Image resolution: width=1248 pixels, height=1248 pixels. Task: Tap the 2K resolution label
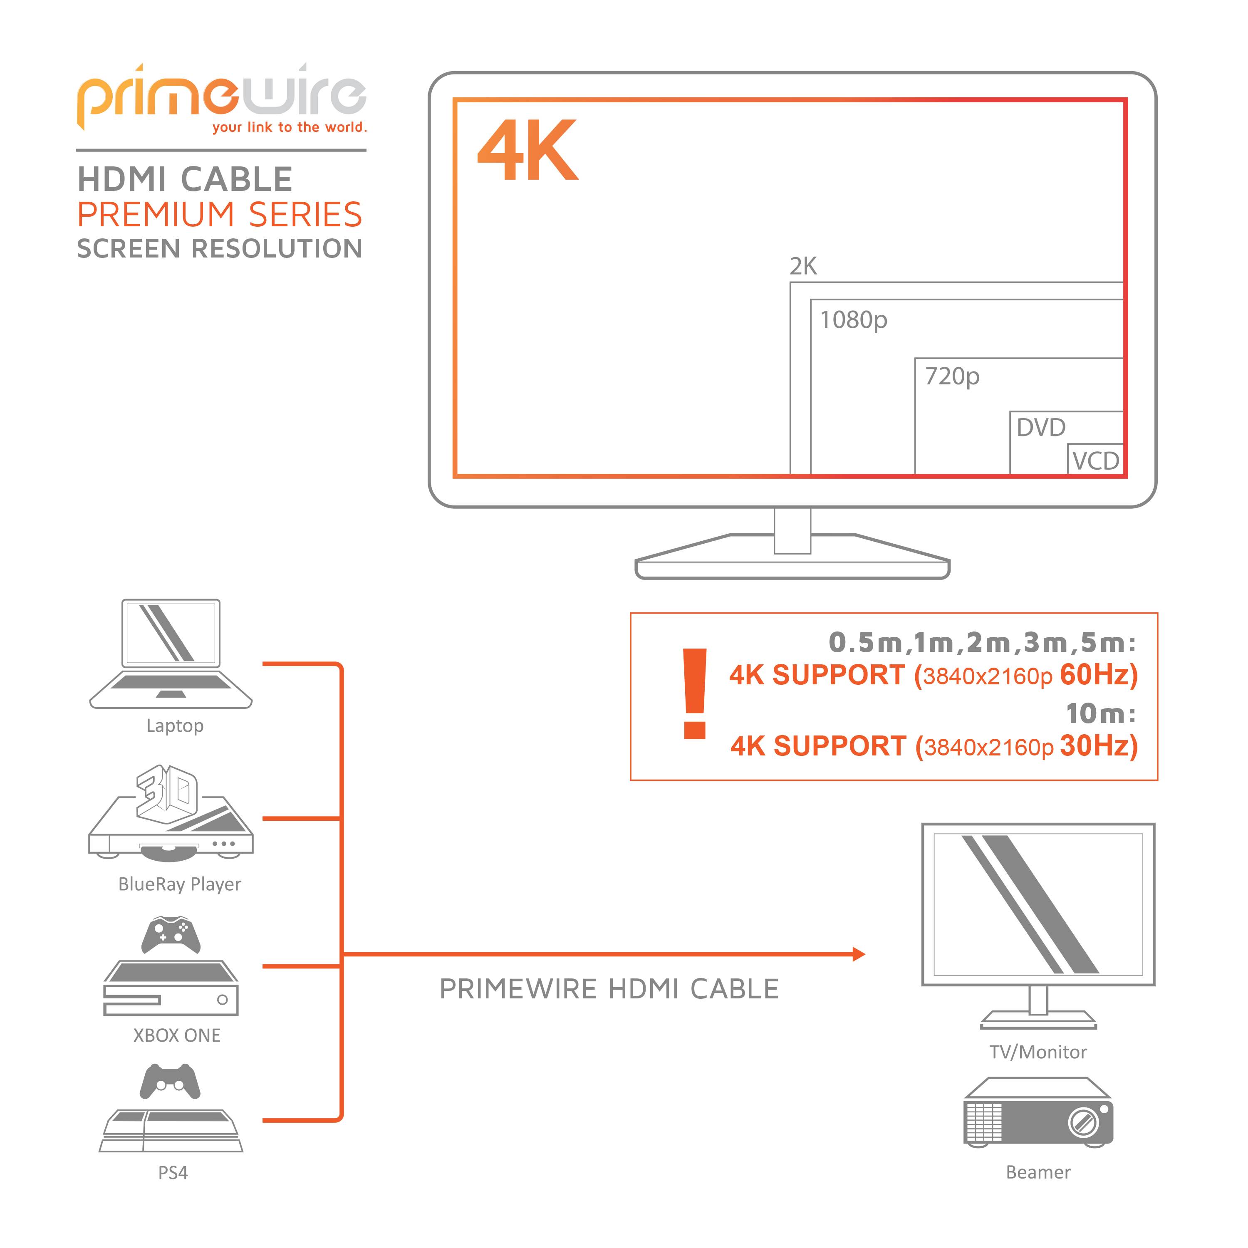[x=803, y=266]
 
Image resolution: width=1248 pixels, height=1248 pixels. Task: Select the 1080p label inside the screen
[x=853, y=320]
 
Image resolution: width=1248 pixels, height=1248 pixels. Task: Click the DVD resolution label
[x=1041, y=428]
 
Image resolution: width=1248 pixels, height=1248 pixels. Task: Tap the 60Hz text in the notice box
[x=1098, y=675]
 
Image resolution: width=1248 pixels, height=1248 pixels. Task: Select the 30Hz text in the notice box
[x=1098, y=746]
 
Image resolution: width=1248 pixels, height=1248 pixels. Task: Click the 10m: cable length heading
[x=1100, y=714]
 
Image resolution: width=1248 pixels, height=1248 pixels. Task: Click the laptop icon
[x=171, y=654]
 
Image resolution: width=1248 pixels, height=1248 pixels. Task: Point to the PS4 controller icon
[x=170, y=1081]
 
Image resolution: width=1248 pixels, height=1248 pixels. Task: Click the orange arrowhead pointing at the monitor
[x=859, y=954]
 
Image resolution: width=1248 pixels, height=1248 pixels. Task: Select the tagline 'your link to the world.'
[x=290, y=127]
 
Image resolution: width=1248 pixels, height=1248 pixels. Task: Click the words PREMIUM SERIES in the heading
[x=220, y=215]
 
